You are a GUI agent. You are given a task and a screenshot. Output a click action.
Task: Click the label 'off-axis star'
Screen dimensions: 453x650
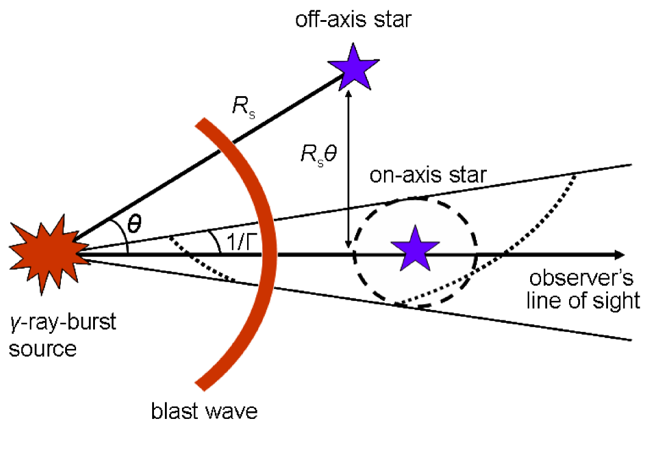coord(353,21)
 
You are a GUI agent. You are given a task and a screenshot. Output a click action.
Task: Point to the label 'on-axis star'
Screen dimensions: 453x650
coord(428,176)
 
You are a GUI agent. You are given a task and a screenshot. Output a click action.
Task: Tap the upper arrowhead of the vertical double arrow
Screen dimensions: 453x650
coord(348,95)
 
